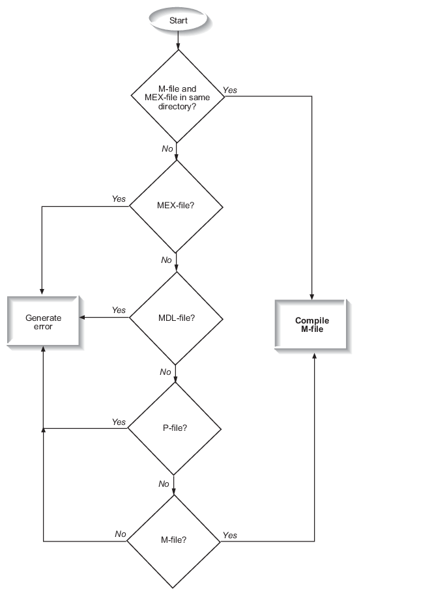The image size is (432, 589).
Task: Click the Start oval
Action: point(178,20)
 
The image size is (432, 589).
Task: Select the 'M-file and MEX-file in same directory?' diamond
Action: point(177,96)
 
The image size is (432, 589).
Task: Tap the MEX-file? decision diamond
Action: point(177,207)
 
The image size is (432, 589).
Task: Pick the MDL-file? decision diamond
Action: point(177,318)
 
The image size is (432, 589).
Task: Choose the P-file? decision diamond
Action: point(174,428)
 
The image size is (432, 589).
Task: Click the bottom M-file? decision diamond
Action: point(173,540)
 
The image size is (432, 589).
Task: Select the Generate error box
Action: point(44,322)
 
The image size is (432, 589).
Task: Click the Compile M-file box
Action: point(312,325)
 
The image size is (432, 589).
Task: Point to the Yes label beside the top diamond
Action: point(230,90)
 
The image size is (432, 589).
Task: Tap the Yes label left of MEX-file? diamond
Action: point(119,199)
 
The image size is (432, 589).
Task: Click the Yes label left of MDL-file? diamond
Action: point(119,310)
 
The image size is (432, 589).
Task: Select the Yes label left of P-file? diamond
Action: point(119,422)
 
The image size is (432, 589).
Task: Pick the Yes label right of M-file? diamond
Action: point(230,535)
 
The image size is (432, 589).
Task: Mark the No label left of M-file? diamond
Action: point(121,534)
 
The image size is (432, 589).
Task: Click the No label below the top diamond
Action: point(167,149)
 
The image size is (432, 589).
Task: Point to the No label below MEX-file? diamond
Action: point(167,260)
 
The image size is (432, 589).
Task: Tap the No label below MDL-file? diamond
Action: point(166,372)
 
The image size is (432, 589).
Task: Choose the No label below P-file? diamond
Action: point(164,484)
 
